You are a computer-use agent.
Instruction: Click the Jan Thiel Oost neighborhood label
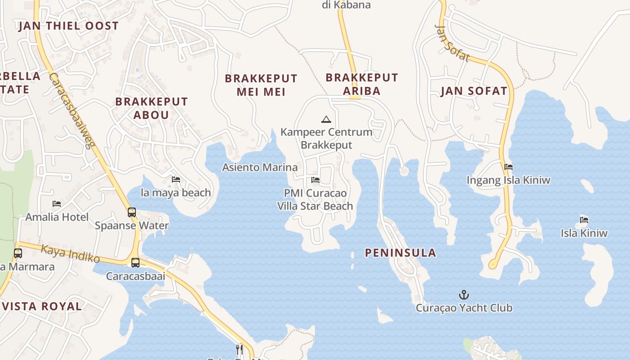tap(68, 26)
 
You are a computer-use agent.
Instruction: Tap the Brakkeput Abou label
tap(151, 108)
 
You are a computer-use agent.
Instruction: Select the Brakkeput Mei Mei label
tap(261, 85)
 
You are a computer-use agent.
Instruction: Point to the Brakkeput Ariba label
tap(362, 84)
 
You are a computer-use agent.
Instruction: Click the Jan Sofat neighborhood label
tap(474, 91)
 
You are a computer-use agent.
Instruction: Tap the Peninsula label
tap(400, 253)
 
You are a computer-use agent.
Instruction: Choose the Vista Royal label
tap(41, 306)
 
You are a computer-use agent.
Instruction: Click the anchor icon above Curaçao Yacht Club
tap(463, 295)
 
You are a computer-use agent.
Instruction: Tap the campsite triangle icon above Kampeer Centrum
tap(326, 120)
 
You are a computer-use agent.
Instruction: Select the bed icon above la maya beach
tap(176, 180)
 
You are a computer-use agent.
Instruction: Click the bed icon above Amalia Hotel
tap(57, 204)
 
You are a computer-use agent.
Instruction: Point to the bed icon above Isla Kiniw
tap(584, 220)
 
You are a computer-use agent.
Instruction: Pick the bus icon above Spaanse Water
tap(132, 212)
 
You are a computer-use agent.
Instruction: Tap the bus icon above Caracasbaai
tap(135, 262)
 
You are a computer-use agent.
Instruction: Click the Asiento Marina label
tap(260, 167)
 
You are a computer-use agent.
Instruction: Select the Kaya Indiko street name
tap(71, 253)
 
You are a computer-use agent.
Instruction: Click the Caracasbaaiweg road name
tap(72, 110)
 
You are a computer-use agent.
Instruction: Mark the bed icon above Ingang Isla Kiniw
tap(508, 167)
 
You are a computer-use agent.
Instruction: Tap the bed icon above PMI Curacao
tap(315, 180)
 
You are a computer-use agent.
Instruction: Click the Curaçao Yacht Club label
tap(464, 308)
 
